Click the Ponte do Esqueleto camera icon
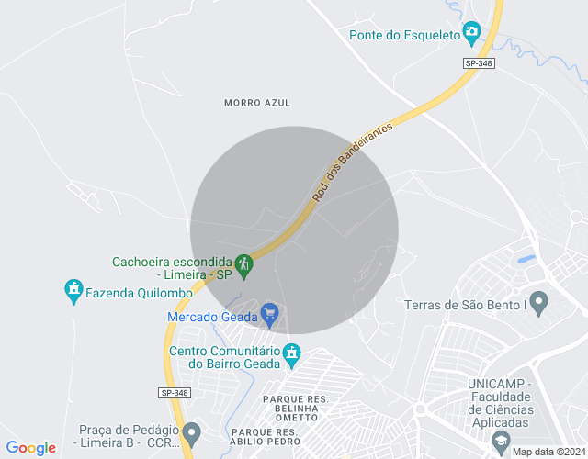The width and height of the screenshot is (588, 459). coord(471,33)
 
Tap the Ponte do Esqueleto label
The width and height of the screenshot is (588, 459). coord(404,35)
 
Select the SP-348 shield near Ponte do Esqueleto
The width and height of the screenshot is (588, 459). coord(478,62)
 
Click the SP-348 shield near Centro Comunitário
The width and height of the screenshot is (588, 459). coord(174,393)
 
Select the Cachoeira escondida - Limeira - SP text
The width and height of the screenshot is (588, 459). coord(172,267)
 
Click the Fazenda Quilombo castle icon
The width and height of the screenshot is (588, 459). coord(73,291)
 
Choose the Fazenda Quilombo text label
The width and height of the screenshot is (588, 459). coord(139,292)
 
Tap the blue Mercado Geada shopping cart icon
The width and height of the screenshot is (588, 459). coord(269,316)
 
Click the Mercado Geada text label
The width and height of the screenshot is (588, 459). coord(211,318)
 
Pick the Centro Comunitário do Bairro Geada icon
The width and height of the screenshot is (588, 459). coord(292,353)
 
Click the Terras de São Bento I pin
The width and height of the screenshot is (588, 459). coord(538,301)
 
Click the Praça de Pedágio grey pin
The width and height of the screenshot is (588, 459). coord(191,431)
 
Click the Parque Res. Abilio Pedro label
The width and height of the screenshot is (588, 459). coord(277,437)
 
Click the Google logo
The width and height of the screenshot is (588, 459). coord(30,448)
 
